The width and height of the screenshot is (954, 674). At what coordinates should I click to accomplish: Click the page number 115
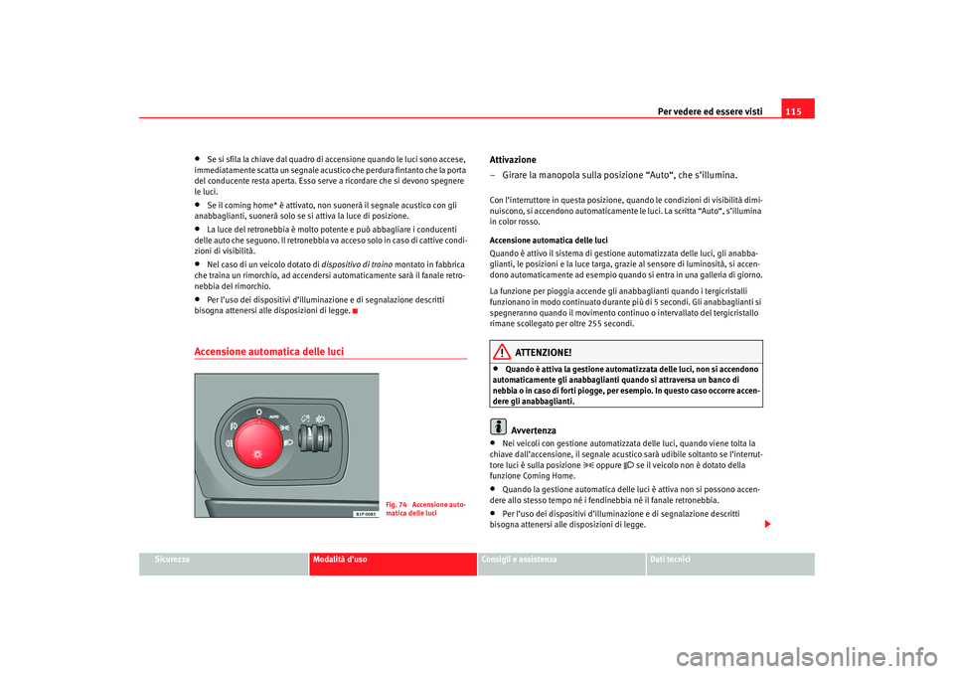pyautogui.click(x=798, y=109)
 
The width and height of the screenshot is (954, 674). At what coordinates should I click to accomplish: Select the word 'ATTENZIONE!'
pyautogui.click(x=544, y=353)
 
